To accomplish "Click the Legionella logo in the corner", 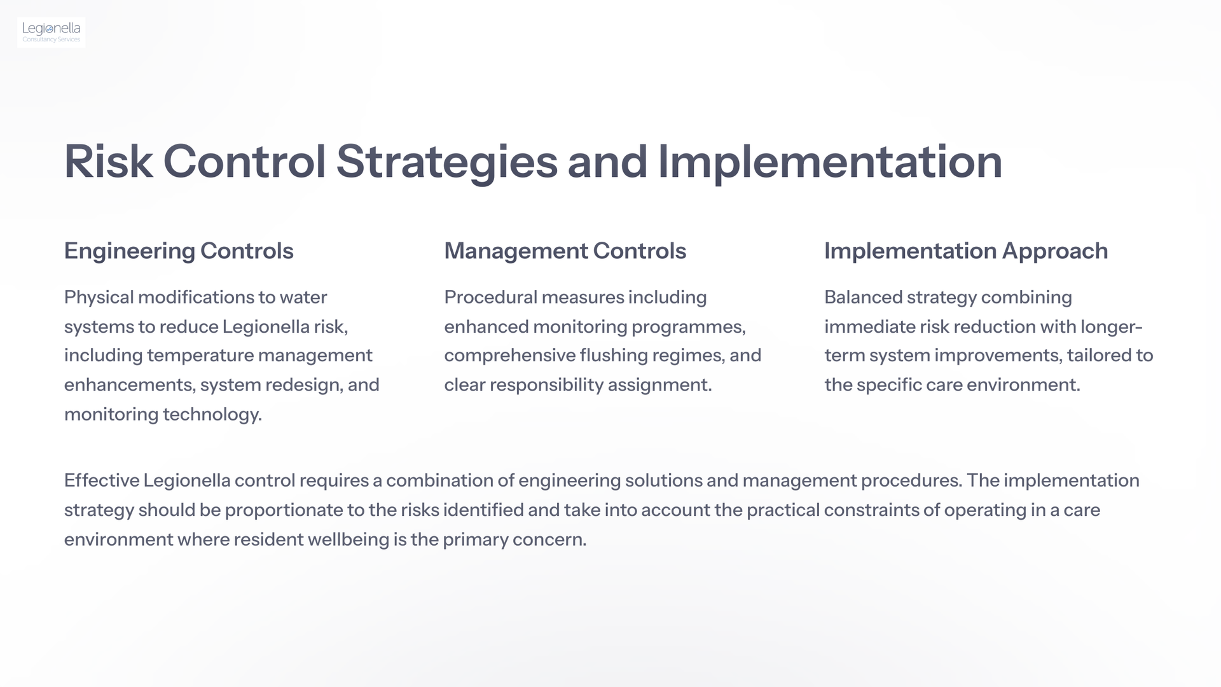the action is click(x=52, y=32).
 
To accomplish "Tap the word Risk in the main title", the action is click(x=108, y=162).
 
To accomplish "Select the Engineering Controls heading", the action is click(x=179, y=251).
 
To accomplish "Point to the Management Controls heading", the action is click(x=565, y=251).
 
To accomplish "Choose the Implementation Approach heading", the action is click(x=966, y=251).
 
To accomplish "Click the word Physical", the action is click(x=99, y=298).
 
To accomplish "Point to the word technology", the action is click(x=212, y=415).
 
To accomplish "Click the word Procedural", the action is click(x=490, y=297).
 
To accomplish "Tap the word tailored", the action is click(x=1098, y=356).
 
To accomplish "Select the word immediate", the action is click(x=870, y=326).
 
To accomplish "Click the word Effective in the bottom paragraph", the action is click(x=102, y=480).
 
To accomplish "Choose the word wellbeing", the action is click(x=348, y=540).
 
